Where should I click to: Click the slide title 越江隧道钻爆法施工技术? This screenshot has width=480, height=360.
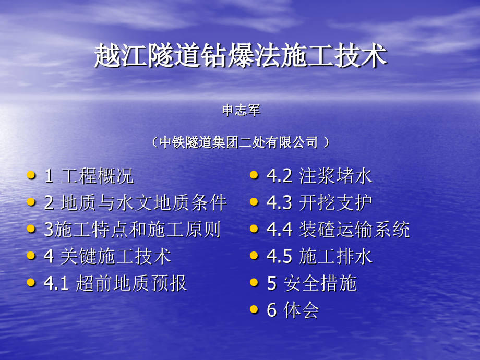pyautogui.click(x=241, y=56)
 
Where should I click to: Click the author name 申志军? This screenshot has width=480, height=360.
pyautogui.click(x=241, y=111)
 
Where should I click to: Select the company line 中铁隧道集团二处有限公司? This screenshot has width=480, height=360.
pyautogui.click(x=240, y=142)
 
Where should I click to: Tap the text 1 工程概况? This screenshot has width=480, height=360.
pyautogui.click(x=89, y=176)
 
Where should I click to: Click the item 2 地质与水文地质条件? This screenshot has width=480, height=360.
pyautogui.click(x=136, y=202)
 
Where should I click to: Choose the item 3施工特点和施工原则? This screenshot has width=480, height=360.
pyautogui.click(x=132, y=230)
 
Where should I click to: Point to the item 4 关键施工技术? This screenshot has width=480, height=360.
pyautogui.click(x=107, y=257)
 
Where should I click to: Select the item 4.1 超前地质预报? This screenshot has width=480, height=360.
pyautogui.click(x=115, y=283)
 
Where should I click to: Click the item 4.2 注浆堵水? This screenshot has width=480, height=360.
pyautogui.click(x=319, y=176)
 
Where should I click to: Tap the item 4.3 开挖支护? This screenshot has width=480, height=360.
pyautogui.click(x=319, y=202)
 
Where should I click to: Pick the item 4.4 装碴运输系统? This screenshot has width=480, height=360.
pyautogui.click(x=338, y=230)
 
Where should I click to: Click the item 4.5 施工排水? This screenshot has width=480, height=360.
pyautogui.click(x=319, y=257)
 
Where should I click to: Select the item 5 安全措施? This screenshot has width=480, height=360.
pyautogui.click(x=311, y=283)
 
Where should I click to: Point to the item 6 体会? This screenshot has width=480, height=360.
pyautogui.click(x=293, y=310)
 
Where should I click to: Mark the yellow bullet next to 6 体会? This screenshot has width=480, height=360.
pyautogui.click(x=254, y=309)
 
